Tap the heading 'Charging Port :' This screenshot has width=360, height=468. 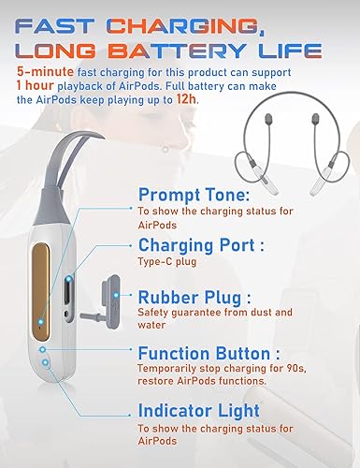[202, 246]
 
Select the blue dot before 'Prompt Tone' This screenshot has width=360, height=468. [127, 196]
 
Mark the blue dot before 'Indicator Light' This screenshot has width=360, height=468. [127, 411]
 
